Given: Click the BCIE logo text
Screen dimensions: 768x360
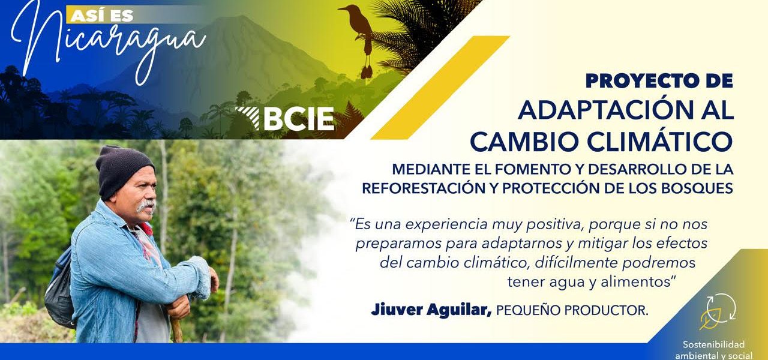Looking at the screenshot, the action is [x=299, y=119].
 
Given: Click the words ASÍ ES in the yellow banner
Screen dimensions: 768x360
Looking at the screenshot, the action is [x=102, y=16].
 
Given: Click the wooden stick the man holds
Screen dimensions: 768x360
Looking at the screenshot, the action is [x=176, y=329].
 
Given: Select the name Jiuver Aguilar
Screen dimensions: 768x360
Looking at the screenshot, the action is [x=431, y=310].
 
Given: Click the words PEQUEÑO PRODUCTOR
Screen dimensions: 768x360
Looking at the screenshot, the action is [x=572, y=311].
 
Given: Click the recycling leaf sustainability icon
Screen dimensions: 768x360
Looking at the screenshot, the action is [x=718, y=311].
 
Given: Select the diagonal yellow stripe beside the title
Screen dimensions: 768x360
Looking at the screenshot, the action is [x=440, y=88].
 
